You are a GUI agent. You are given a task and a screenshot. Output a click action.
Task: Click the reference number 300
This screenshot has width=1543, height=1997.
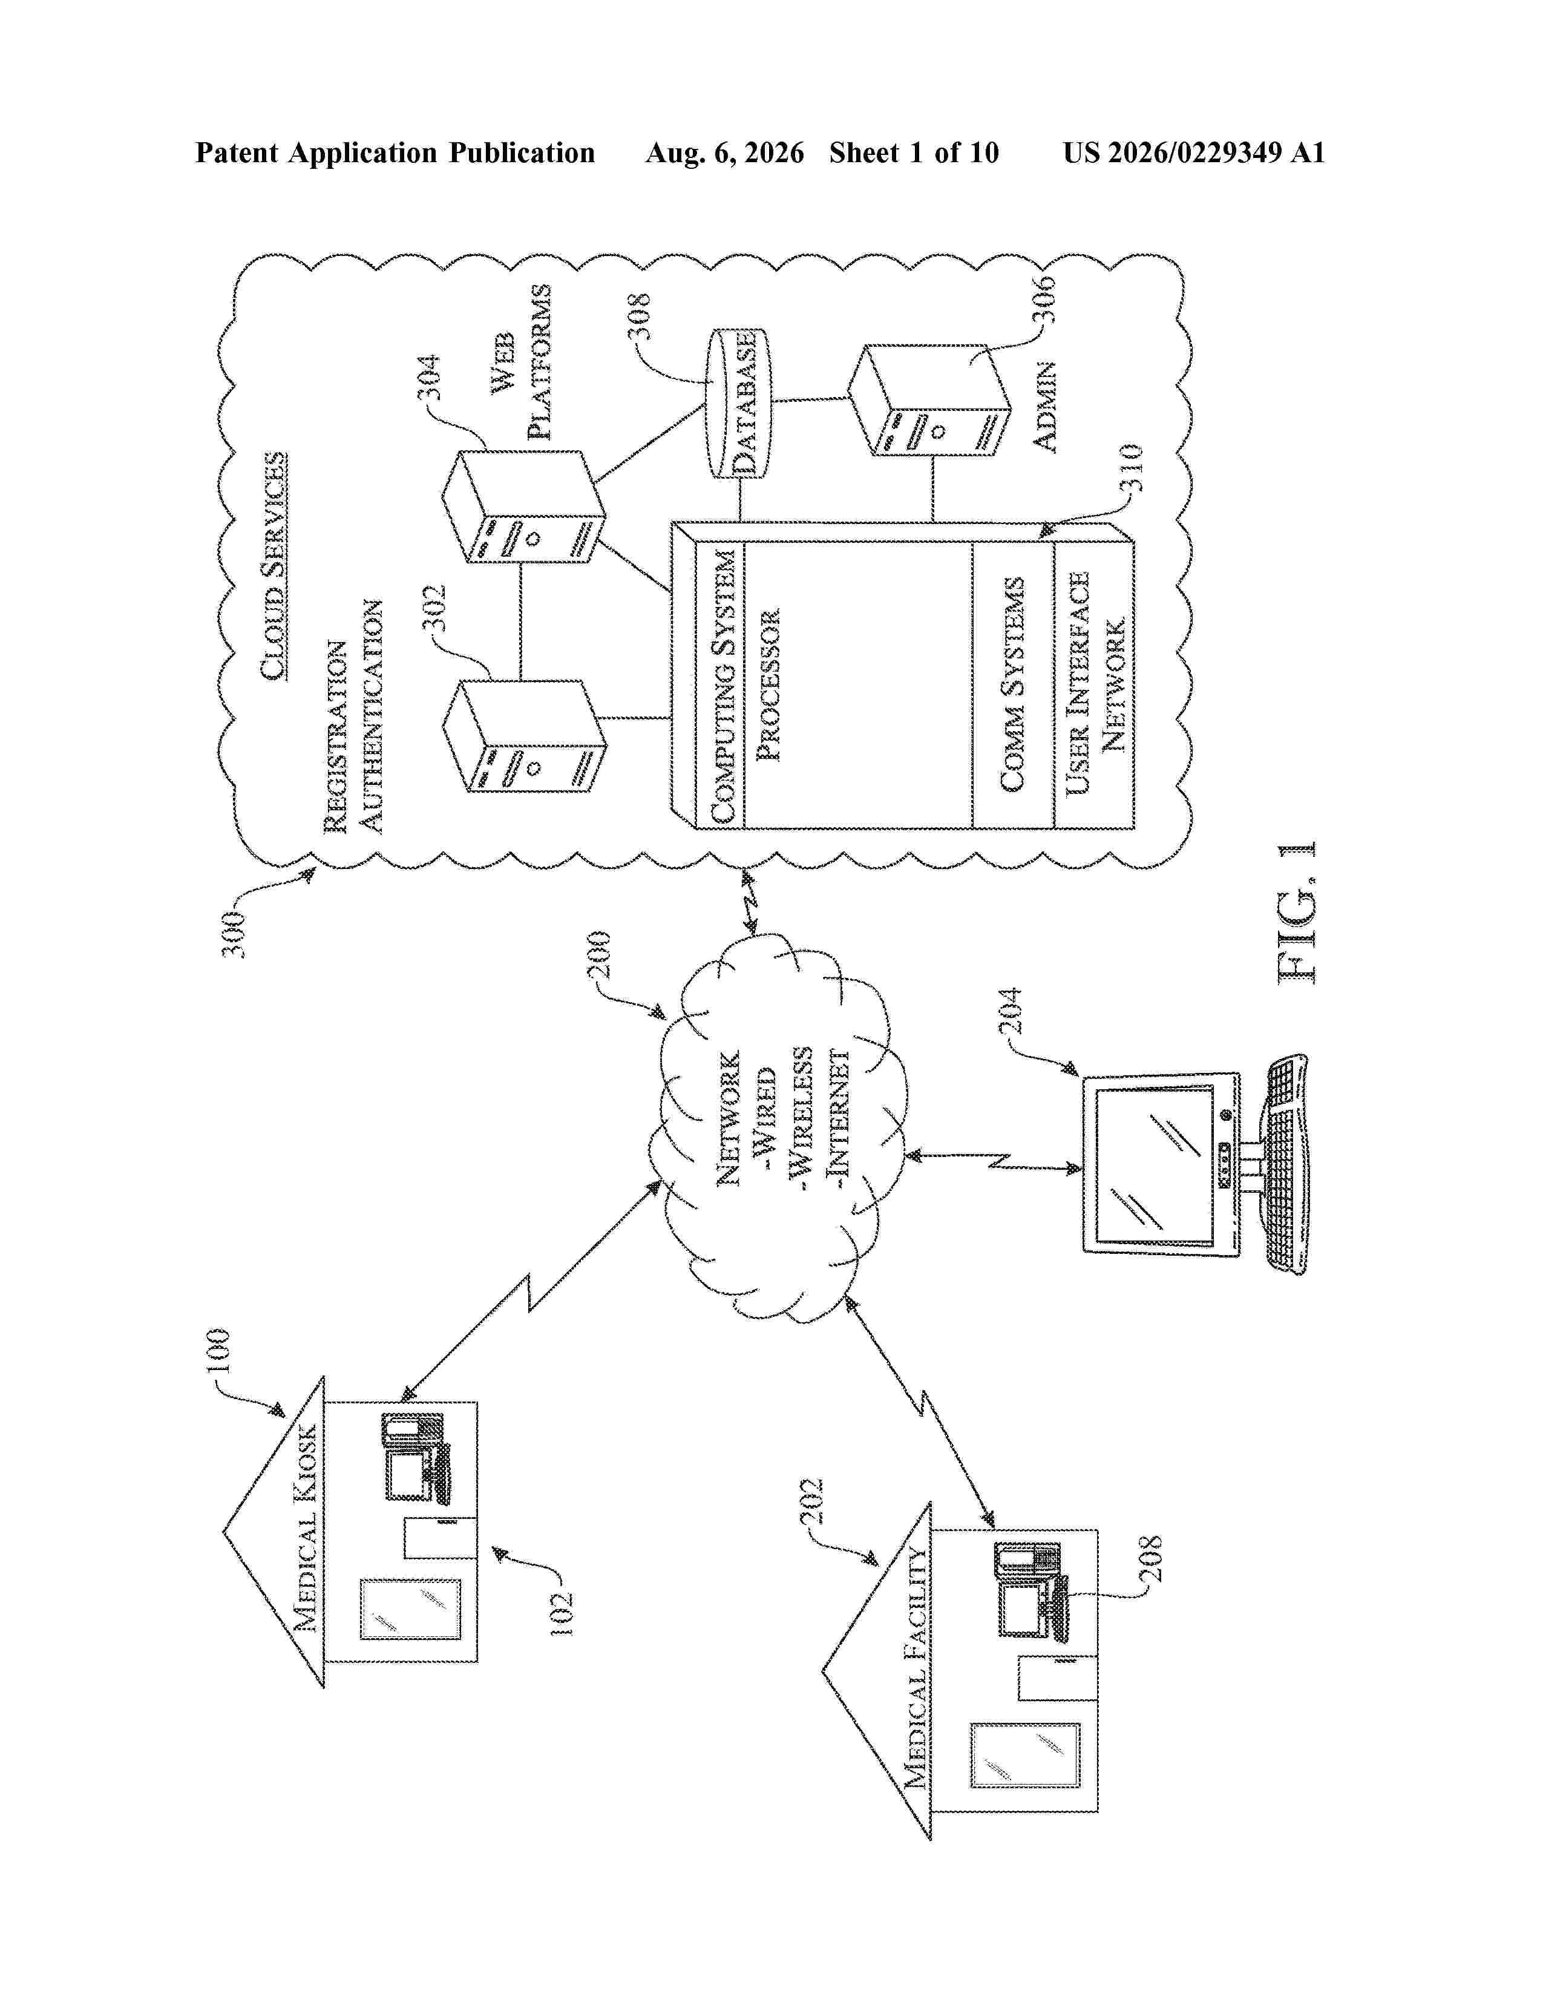click(235, 934)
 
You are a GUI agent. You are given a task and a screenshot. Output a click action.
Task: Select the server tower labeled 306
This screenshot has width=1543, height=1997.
click(929, 399)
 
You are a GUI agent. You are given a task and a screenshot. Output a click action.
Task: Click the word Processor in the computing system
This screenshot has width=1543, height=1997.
click(768, 685)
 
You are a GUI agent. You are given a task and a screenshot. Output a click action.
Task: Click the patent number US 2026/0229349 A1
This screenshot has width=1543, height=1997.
click(1194, 152)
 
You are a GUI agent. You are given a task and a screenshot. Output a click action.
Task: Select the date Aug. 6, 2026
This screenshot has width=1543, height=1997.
click(725, 152)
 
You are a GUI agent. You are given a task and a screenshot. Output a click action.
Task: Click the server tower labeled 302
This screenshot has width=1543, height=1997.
click(524, 736)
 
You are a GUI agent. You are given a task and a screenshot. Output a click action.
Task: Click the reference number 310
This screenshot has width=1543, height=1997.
click(1131, 468)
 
